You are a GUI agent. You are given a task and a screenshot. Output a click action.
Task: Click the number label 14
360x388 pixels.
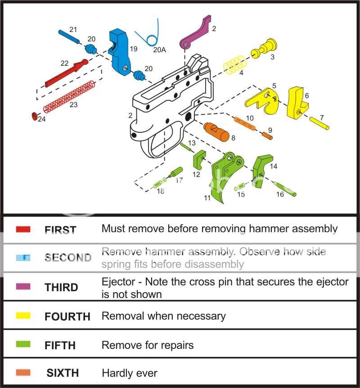tap(274, 166)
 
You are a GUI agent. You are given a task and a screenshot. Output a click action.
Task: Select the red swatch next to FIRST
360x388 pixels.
tap(23, 230)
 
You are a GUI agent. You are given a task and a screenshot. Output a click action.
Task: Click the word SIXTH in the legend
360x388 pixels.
tap(63, 373)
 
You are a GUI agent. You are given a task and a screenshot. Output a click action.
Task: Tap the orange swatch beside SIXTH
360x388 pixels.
tap(23, 373)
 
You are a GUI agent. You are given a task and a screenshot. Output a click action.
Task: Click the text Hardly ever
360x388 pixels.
tap(130, 373)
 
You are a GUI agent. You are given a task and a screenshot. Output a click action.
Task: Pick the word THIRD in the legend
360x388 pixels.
tap(61, 287)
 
